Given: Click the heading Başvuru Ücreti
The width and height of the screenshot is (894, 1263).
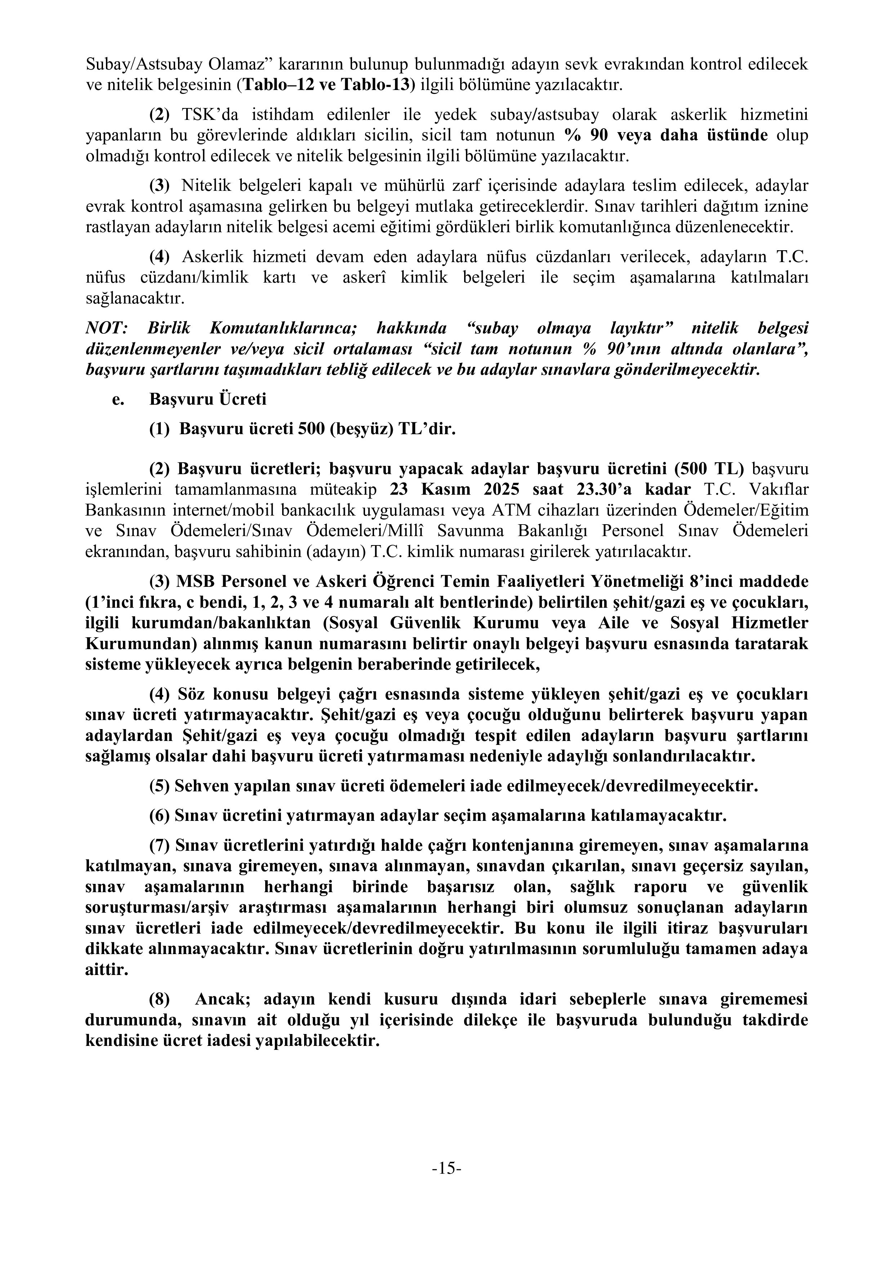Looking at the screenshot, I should click(x=208, y=399).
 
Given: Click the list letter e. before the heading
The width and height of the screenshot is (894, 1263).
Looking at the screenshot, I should click(x=117, y=399).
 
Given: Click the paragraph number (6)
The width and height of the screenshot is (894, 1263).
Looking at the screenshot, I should click(x=160, y=815).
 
